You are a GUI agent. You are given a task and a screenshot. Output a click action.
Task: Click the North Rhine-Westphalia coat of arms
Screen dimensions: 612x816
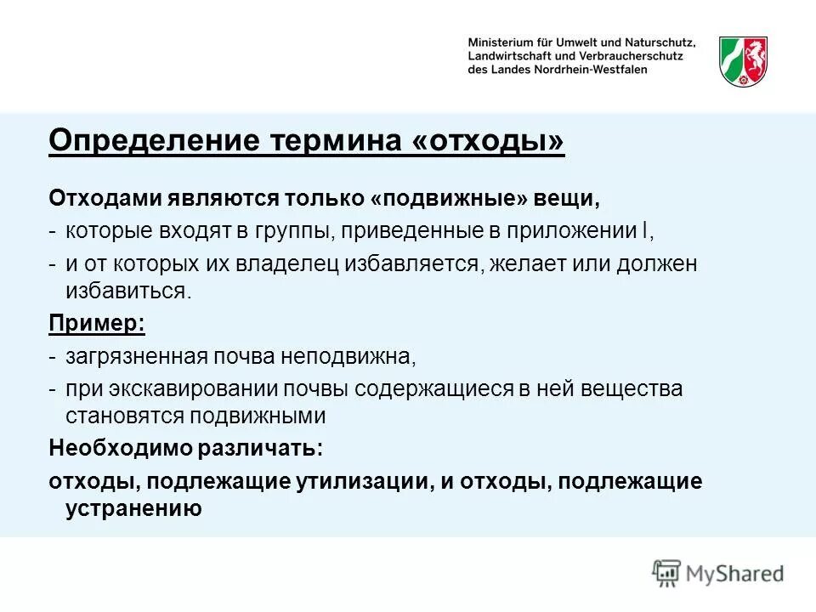tap(743, 61)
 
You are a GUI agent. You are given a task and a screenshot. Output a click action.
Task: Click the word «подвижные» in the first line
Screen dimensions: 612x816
tap(449, 198)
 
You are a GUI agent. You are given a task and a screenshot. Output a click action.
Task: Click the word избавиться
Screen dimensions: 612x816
tap(127, 291)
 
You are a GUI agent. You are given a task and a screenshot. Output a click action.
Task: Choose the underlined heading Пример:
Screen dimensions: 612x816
tap(97, 323)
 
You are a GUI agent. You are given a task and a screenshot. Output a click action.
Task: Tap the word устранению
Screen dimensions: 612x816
tap(133, 508)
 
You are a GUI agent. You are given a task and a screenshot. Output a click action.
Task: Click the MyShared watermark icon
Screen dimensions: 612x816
tap(667, 572)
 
